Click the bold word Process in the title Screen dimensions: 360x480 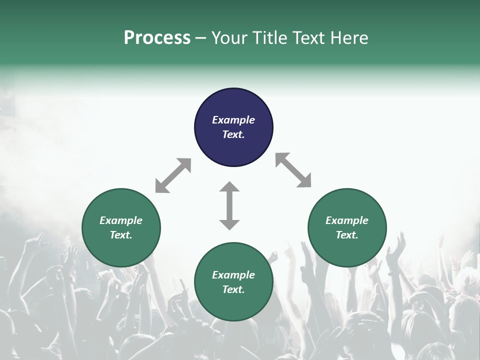point(157,38)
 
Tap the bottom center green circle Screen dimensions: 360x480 point(233,305)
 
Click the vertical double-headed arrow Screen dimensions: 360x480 point(229,205)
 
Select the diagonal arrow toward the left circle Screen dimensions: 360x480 point(173,175)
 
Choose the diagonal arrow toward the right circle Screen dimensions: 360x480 point(293,170)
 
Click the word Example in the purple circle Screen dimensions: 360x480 point(233,120)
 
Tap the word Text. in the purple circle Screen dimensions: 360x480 point(233,134)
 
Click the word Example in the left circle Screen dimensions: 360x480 point(121,220)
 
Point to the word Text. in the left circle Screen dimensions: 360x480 point(121,235)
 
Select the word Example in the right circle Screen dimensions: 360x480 point(347,220)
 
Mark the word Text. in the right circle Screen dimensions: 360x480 point(347,235)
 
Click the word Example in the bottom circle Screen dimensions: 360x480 point(233,275)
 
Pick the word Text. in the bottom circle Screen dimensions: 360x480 point(233,289)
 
